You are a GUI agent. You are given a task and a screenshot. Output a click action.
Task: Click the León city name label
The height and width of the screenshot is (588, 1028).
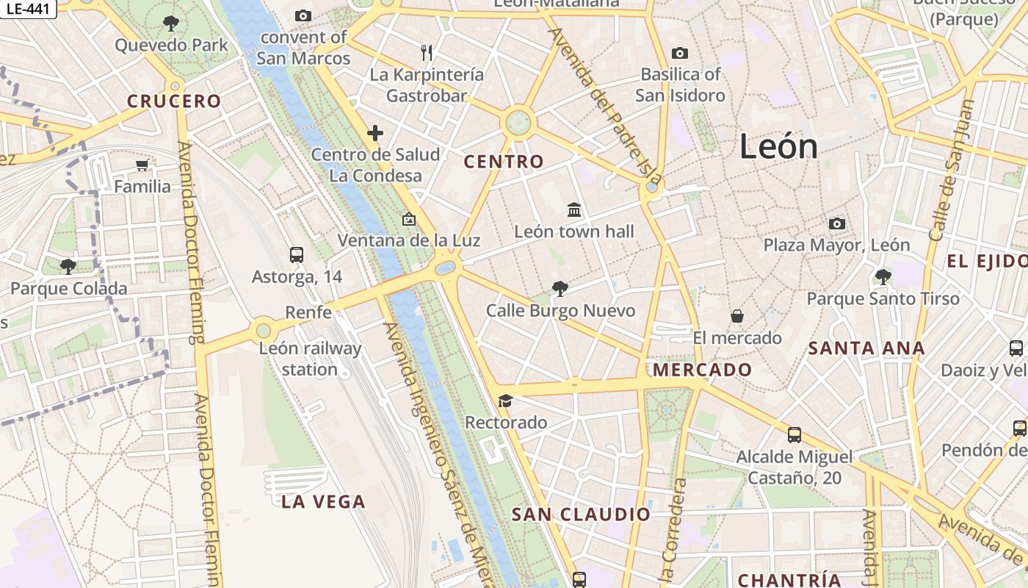click(x=778, y=146)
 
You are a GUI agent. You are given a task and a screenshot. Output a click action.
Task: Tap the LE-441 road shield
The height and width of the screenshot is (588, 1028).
click(x=28, y=9)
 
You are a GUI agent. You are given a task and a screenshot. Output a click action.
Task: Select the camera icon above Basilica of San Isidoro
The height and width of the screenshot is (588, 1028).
click(x=680, y=53)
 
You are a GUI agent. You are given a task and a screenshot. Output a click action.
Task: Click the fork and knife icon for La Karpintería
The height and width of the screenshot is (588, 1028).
click(x=427, y=53)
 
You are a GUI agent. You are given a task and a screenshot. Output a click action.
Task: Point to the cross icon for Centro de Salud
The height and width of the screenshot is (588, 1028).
click(x=375, y=133)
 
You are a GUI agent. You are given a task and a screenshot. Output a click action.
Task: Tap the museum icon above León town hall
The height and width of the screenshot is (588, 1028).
click(x=574, y=210)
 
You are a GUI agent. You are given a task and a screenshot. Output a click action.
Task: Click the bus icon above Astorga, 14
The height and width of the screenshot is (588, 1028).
click(x=297, y=255)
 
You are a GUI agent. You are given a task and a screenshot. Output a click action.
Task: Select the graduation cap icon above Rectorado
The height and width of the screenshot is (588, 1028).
click(x=505, y=401)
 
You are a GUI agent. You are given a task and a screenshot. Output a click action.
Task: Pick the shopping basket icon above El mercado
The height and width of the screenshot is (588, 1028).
click(x=737, y=316)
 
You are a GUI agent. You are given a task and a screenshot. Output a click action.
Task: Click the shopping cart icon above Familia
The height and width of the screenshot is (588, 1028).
click(x=142, y=165)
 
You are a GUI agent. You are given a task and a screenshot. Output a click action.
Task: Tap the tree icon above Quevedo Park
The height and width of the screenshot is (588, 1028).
click(x=171, y=24)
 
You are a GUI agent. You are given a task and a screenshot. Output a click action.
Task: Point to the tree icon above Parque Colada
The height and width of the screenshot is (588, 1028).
click(x=68, y=266)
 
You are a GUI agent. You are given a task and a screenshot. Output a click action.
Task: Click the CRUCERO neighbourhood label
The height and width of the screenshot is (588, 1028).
click(x=174, y=101)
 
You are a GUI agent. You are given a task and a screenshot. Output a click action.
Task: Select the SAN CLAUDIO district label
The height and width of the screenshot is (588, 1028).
click(x=581, y=514)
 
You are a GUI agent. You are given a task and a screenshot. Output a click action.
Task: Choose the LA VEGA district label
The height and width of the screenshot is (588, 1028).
click(x=323, y=502)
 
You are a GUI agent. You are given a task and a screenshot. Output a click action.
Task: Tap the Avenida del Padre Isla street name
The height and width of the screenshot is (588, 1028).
click(x=606, y=107)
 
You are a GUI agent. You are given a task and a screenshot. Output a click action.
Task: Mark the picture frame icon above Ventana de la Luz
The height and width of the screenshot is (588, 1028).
click(x=409, y=219)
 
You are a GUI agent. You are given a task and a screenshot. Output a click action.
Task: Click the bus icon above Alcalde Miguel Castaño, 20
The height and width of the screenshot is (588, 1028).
click(x=794, y=435)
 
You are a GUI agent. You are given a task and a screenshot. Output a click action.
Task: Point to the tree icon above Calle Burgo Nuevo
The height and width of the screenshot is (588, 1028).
click(x=560, y=289)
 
